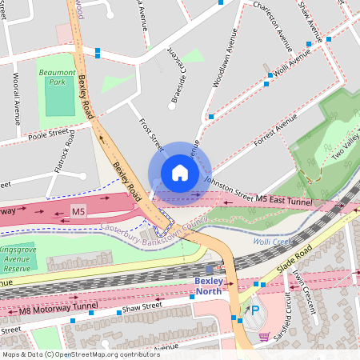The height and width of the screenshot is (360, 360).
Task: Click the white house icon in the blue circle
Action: pyautogui.click(x=180, y=172)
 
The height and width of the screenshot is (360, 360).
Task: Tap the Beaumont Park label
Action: pyautogui.click(x=56, y=77)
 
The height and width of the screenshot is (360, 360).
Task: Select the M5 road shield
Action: pyautogui.click(x=78, y=211)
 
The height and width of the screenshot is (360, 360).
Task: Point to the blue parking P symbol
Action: pyautogui.click(x=255, y=310)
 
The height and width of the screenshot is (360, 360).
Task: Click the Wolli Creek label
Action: pyautogui.click(x=271, y=238)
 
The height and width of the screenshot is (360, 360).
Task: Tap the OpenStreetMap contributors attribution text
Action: pyautogui.click(x=80, y=354)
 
